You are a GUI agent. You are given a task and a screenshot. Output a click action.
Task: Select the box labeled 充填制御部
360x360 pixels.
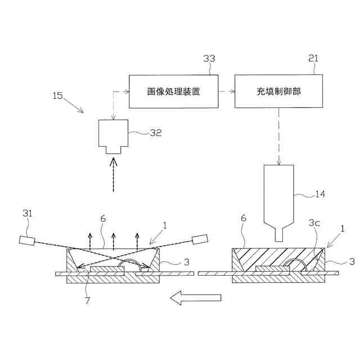pos(278,91)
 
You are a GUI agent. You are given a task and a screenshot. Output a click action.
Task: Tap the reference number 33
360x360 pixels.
pos(209,58)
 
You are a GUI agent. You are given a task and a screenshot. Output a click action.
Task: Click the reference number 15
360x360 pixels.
pos(58,95)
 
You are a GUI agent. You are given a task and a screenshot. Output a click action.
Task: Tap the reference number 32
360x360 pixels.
pos(155,133)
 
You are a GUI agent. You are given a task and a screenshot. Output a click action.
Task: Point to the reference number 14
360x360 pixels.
pos(319,195)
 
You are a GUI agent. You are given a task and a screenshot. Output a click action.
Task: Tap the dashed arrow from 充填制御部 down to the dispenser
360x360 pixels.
pos(278,135)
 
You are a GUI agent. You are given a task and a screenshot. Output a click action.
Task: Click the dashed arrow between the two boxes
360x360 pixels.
pos(226,91)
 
